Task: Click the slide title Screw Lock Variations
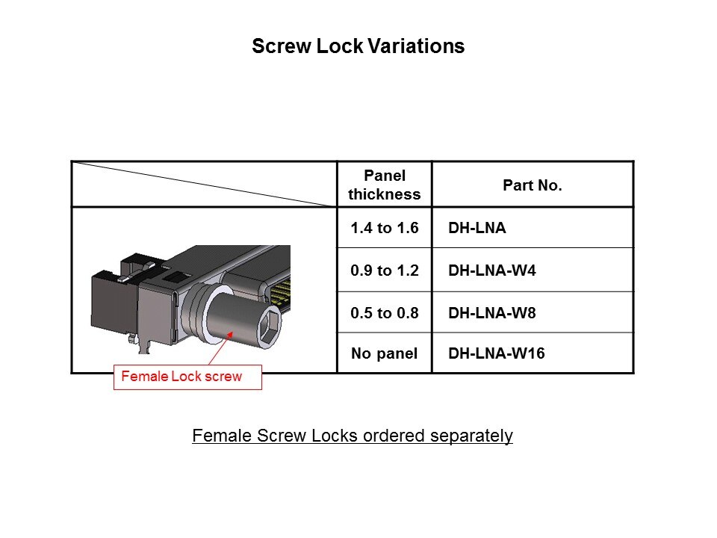tap(358, 46)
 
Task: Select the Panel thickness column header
tap(385, 185)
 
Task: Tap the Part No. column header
tap(533, 185)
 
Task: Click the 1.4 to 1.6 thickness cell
tap(385, 228)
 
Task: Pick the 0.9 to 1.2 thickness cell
tap(385, 270)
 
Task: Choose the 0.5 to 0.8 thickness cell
tap(385, 313)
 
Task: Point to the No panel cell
tap(385, 353)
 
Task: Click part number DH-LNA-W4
tap(492, 270)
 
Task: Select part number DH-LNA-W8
tap(492, 313)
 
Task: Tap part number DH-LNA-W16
tap(497, 353)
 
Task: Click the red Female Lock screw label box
tap(187, 377)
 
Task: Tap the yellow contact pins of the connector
tap(281, 294)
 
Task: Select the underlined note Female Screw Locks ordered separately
tap(352, 436)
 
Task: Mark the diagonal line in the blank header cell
tap(204, 184)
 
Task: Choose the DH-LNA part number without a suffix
tap(477, 228)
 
